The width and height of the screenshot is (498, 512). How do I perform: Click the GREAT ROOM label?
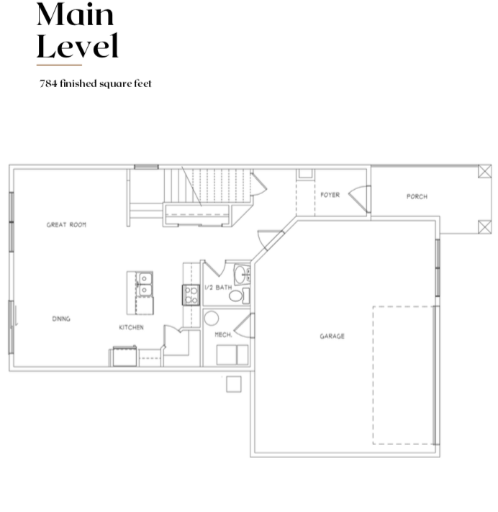tap(66, 224)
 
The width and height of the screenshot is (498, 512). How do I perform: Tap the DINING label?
tap(61, 319)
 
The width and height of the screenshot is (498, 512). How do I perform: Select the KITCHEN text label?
tap(131, 327)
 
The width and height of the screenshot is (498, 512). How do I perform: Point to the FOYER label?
tap(330, 195)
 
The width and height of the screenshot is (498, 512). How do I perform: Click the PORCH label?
tap(417, 196)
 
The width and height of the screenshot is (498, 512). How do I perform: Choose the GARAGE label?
tap(332, 336)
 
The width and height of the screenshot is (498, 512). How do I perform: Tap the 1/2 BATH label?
tap(218, 288)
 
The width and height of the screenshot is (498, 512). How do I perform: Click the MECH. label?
tap(224, 334)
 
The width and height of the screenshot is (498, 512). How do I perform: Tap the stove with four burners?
tap(191, 295)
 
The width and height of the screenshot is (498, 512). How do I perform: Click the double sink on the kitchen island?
tap(145, 285)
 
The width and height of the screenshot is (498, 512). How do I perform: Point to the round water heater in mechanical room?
tap(212, 319)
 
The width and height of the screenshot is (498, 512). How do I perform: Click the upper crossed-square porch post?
tap(484, 171)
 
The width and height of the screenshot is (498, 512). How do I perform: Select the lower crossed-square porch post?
tap(484, 227)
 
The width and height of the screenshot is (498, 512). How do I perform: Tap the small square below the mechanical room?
tap(234, 384)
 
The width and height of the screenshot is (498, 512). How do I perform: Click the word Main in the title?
tap(75, 14)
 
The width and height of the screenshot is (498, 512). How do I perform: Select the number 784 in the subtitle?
tap(48, 83)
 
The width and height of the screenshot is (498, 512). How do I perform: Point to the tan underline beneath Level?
tap(59, 65)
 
